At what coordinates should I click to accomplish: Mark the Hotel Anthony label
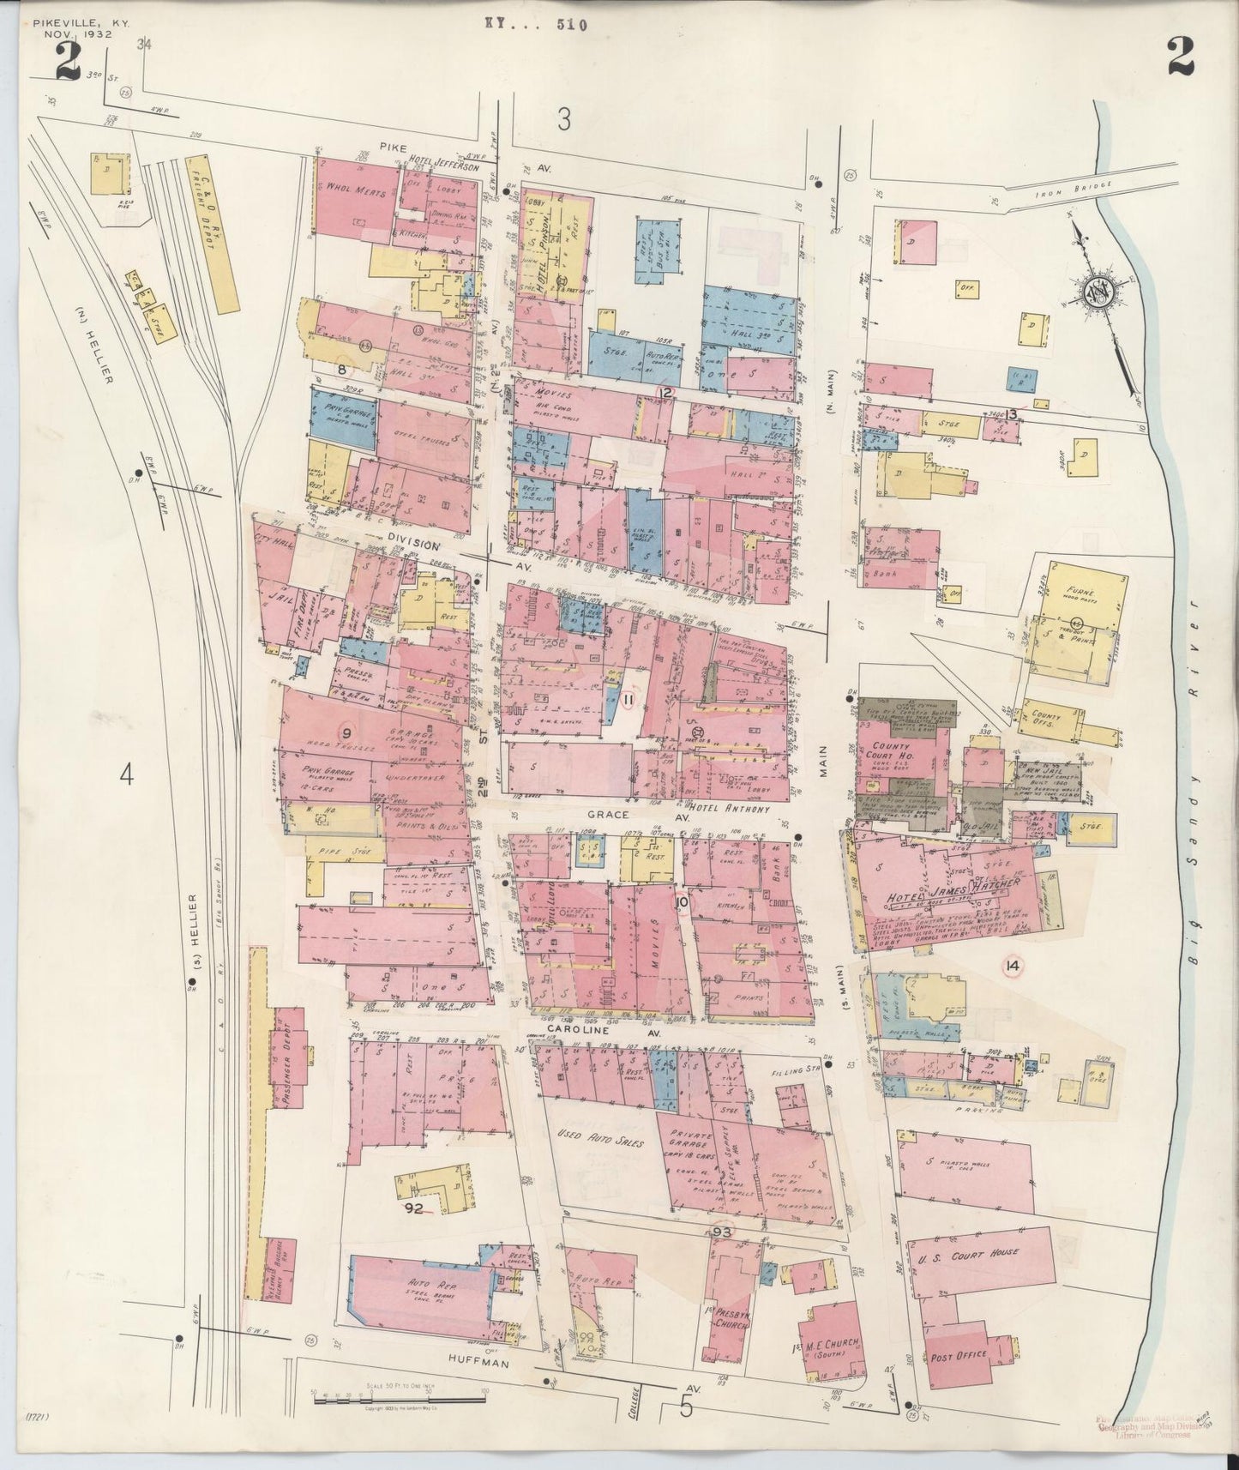(x=727, y=808)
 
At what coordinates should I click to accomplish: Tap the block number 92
(x=416, y=1208)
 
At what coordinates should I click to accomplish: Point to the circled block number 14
(x=1013, y=965)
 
